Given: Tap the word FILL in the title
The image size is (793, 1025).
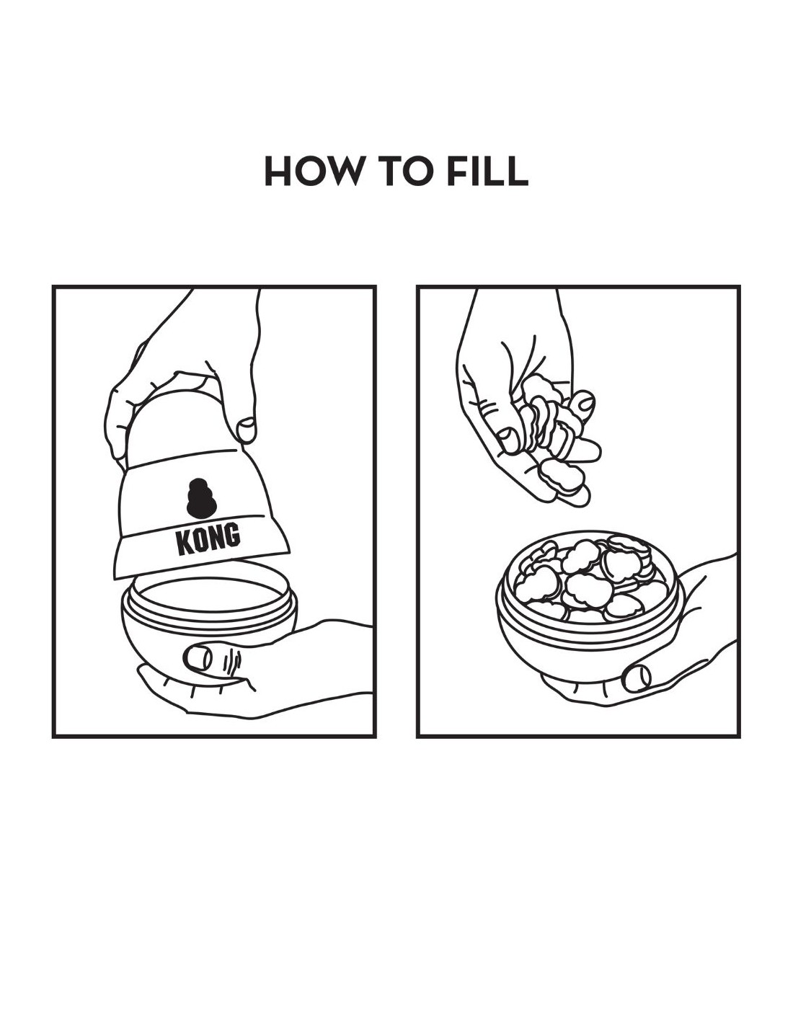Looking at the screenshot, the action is (487, 171).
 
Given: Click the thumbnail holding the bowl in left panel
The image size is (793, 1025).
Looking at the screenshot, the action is (197, 657).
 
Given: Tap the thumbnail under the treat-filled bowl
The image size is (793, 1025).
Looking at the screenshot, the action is (636, 678).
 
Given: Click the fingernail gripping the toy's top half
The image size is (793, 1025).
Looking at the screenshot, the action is (247, 430).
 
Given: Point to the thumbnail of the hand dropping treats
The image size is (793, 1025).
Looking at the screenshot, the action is (508, 440).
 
